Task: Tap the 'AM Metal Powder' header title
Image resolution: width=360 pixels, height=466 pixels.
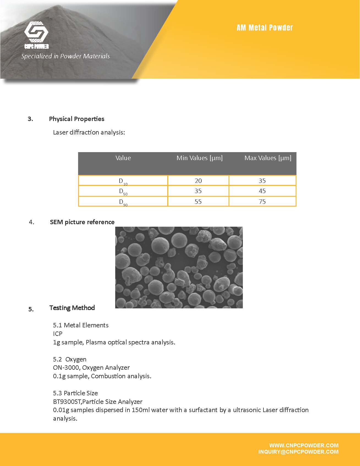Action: click(x=265, y=28)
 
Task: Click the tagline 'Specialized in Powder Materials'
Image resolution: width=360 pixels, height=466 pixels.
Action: click(x=65, y=56)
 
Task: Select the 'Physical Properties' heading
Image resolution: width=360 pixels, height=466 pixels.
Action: click(x=76, y=119)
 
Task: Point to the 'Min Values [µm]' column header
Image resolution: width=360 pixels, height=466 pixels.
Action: click(x=199, y=158)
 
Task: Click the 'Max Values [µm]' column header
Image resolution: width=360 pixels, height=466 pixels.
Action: click(x=268, y=158)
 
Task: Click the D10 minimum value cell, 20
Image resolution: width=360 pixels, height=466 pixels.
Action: click(x=198, y=181)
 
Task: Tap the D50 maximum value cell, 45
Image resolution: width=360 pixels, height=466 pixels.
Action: click(x=262, y=191)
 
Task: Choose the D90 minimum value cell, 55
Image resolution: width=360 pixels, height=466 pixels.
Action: click(x=198, y=202)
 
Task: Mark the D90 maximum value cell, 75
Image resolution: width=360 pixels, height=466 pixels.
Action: click(x=262, y=202)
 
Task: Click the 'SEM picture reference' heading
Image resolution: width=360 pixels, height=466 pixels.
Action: click(x=82, y=222)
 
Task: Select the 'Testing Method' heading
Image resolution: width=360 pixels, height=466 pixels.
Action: click(x=72, y=308)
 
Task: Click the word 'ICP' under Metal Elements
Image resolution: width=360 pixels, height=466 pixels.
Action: click(x=58, y=334)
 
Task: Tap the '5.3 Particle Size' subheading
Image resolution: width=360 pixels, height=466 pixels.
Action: click(x=75, y=393)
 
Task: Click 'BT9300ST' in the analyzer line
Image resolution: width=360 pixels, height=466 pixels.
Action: click(x=67, y=402)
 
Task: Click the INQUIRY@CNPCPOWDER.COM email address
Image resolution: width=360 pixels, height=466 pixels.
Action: click(x=298, y=452)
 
